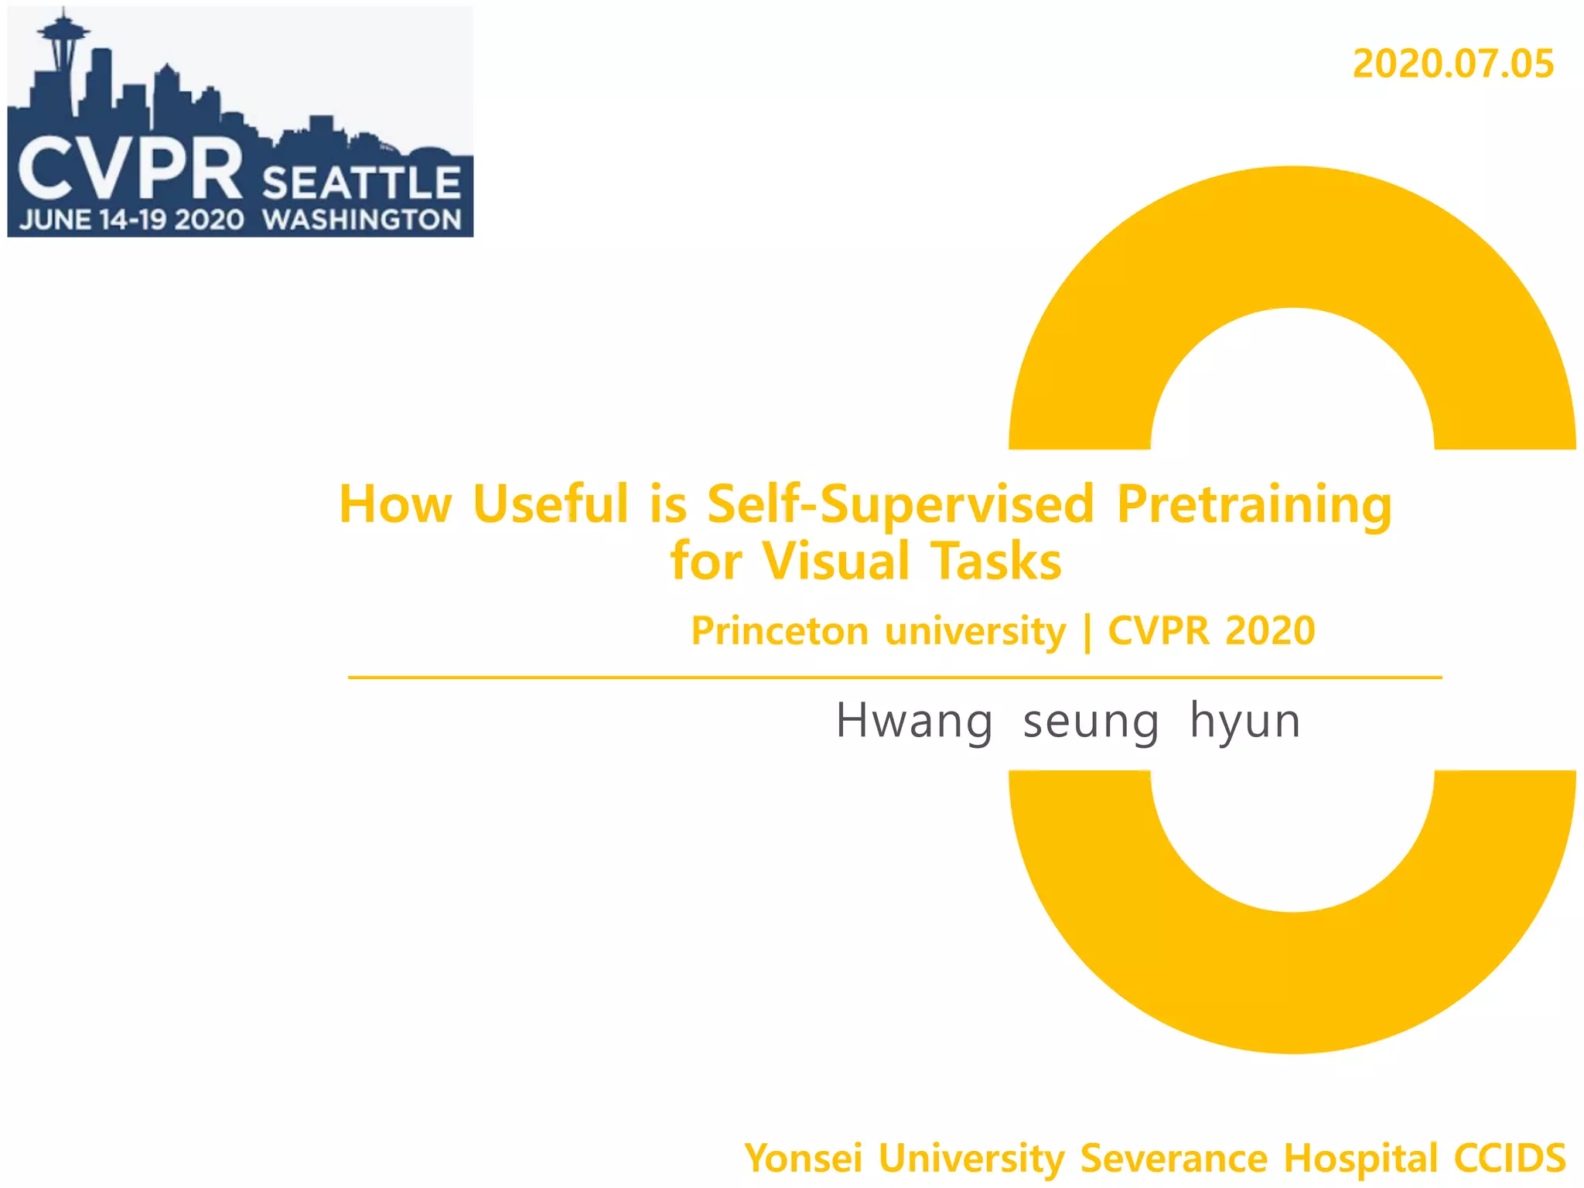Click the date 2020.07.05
pyautogui.click(x=1453, y=64)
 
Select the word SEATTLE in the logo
pyautogui.click(x=361, y=183)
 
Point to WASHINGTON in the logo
pyautogui.click(x=362, y=220)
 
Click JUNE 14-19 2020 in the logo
pyautogui.click(x=131, y=220)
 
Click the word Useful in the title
pyautogui.click(x=550, y=504)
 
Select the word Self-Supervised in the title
pyautogui.click(x=900, y=504)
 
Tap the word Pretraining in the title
pyautogui.click(x=1254, y=504)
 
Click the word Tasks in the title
pyautogui.click(x=996, y=561)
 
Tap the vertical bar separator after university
pyautogui.click(x=1088, y=633)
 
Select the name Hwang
pyautogui.click(x=913, y=721)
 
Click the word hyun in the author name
pyautogui.click(x=1244, y=722)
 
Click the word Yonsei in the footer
pyautogui.click(x=803, y=1159)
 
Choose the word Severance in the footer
pyautogui.click(x=1173, y=1159)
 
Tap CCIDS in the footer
pyautogui.click(x=1510, y=1159)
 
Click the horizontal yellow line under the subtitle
pyautogui.click(x=895, y=678)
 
